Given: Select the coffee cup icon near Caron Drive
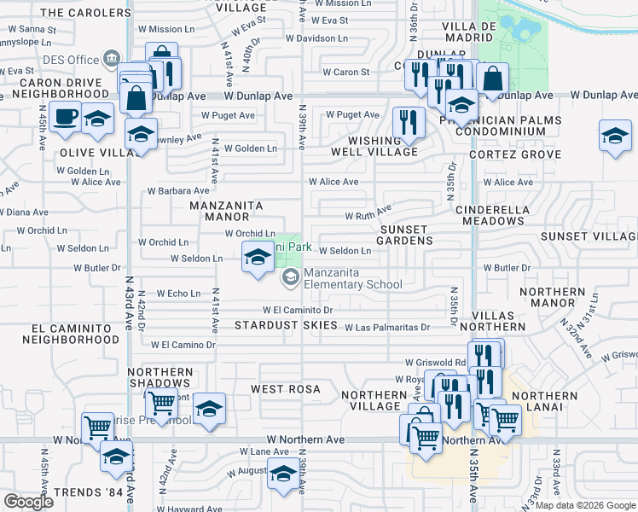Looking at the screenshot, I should (x=64, y=115).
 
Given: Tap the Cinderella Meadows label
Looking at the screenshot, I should (x=504, y=215).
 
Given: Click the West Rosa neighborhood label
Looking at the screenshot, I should (x=286, y=389).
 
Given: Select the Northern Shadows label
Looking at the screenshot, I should (x=160, y=378).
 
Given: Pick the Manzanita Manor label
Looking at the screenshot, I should (x=226, y=211).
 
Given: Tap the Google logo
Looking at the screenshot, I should (x=28, y=502).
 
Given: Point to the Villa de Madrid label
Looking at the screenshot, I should (x=469, y=32).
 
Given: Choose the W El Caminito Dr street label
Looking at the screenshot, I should (x=297, y=310).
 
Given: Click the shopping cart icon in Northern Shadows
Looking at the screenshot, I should (x=159, y=404).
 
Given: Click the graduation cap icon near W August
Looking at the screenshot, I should (x=282, y=473).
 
